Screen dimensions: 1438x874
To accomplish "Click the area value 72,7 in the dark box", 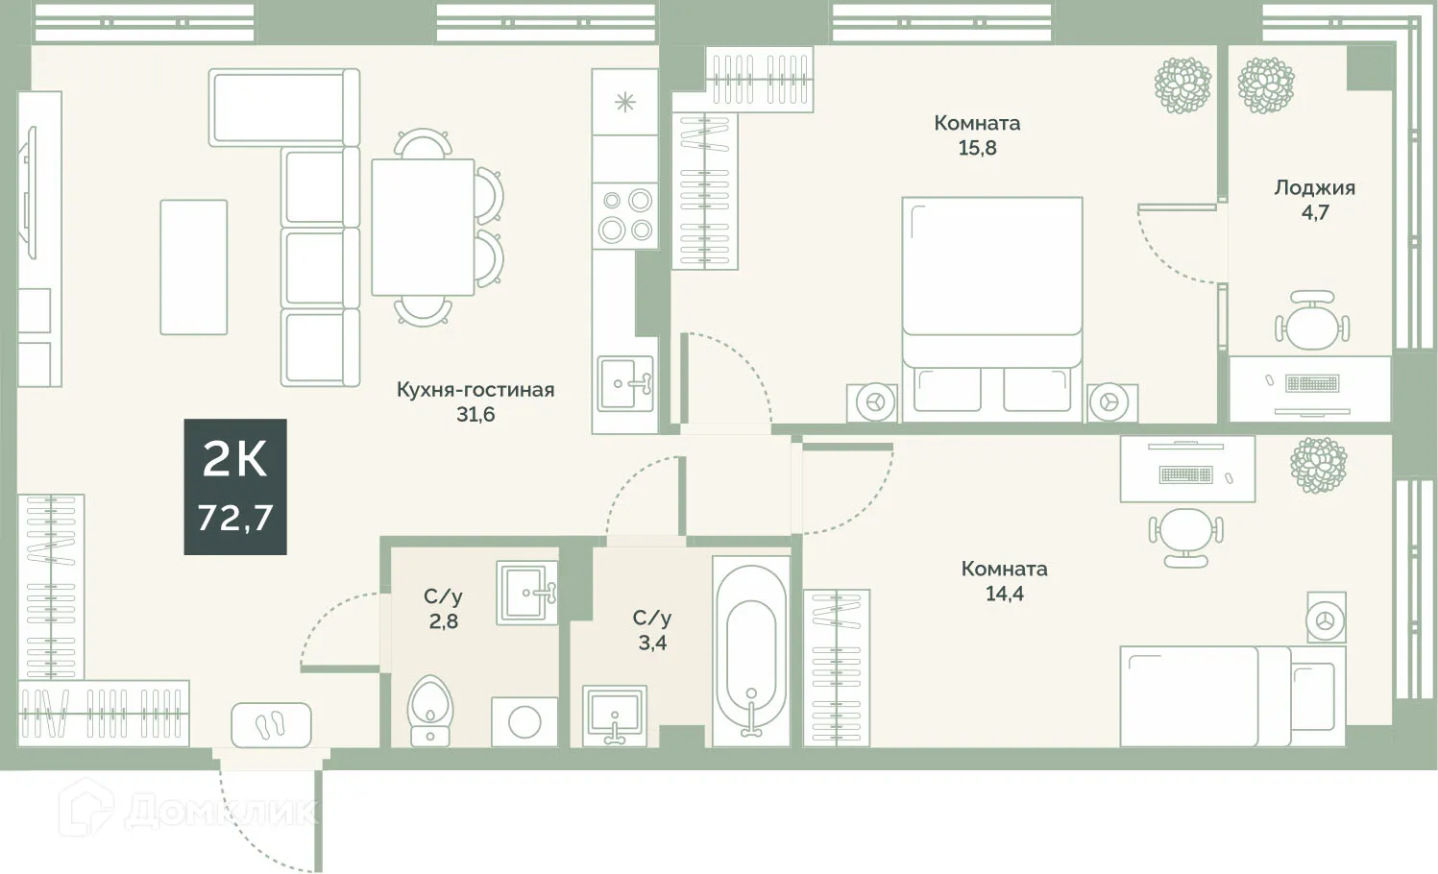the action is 235,518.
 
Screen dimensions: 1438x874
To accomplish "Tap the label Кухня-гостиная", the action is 475,390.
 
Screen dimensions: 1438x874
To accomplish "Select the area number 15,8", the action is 977,148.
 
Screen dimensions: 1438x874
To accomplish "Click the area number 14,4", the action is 1005,594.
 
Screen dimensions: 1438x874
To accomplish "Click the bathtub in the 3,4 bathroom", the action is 751,651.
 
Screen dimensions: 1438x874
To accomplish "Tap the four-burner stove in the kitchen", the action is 625,215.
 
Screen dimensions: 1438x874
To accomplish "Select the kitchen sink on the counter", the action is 625,384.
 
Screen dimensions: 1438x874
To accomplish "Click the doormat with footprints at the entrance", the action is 271,725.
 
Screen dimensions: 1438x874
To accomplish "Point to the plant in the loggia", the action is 1265,85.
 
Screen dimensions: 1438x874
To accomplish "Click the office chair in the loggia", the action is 1312,321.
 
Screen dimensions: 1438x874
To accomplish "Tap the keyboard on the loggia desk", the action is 1312,384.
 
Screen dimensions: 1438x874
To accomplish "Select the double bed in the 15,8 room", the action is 992,309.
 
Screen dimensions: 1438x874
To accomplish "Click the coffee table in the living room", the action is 194,267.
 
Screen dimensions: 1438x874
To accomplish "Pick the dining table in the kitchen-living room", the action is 423,228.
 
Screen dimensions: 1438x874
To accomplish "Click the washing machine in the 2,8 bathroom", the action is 524,722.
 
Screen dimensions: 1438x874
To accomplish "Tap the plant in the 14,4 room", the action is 1319,465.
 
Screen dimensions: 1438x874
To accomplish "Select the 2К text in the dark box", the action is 235,459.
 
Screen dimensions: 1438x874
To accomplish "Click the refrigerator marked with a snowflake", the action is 625,102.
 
